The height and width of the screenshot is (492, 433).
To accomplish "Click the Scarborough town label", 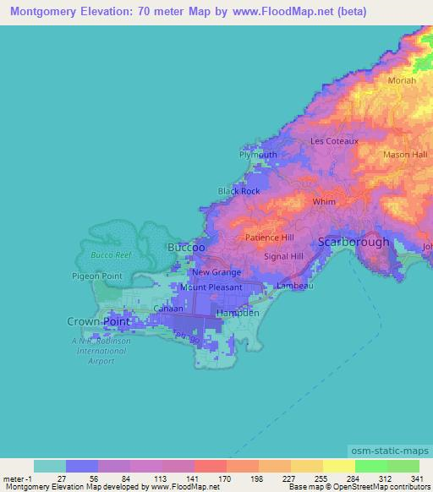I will pyautogui.click(x=354, y=242).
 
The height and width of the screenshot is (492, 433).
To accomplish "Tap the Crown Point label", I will pyautogui.click(x=95, y=321).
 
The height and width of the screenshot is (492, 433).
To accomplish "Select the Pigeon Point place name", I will pyautogui.click(x=99, y=276).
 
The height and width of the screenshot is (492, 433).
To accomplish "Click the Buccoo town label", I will pyautogui.click(x=186, y=247).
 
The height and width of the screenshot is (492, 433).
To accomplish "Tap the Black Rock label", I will pyautogui.click(x=239, y=191).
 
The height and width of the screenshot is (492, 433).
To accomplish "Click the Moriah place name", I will pyautogui.click(x=401, y=79).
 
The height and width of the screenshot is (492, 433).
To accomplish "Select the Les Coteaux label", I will pyautogui.click(x=335, y=141).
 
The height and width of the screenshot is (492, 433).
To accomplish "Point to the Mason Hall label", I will pyautogui.click(x=405, y=155).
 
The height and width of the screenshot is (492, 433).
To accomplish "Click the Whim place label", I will pyautogui.click(x=324, y=202).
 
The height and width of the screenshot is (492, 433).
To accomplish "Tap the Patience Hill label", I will pyautogui.click(x=270, y=238).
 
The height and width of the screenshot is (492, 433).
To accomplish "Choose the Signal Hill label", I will pyautogui.click(x=283, y=255).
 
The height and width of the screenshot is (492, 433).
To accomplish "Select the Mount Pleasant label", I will pyautogui.click(x=211, y=287).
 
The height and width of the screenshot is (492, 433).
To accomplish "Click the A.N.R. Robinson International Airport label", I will pyautogui.click(x=99, y=347).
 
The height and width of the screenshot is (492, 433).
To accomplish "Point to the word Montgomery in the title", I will pyautogui.click(x=40, y=10).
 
